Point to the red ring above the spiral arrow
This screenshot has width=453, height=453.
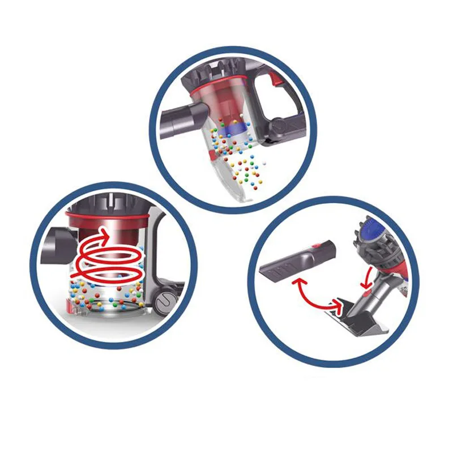[108, 216]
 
